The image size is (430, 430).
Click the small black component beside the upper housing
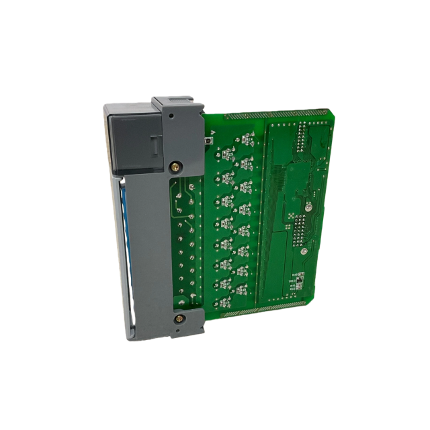210,142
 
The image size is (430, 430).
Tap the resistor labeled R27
229,177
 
